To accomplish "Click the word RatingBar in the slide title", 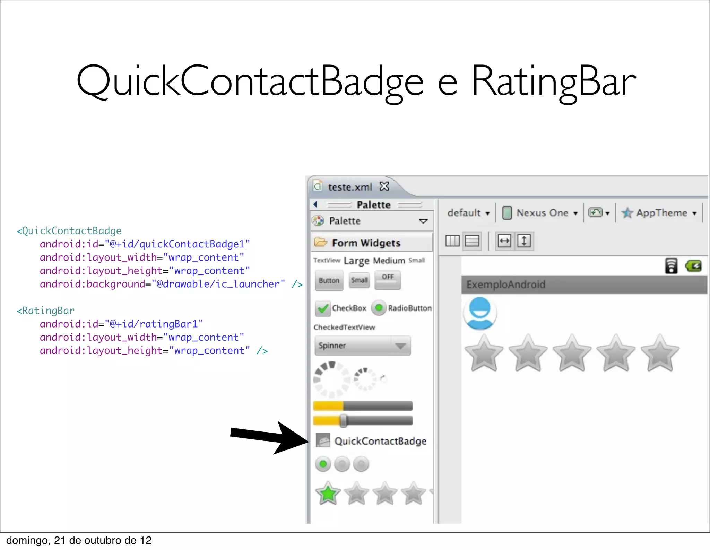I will pyautogui.click(x=554, y=81).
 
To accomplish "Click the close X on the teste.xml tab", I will pyautogui.click(x=384, y=186).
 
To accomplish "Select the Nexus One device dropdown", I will pyautogui.click(x=542, y=213).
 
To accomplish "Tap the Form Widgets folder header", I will pyautogui.click(x=366, y=243).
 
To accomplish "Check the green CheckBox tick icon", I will pyautogui.click(x=323, y=308).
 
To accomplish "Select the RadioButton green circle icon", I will pyautogui.click(x=379, y=308).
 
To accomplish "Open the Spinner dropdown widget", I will pyautogui.click(x=362, y=346).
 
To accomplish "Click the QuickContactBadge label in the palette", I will pyautogui.click(x=380, y=441).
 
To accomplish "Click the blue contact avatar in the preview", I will pyautogui.click(x=480, y=312).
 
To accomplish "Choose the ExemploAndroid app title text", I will pyautogui.click(x=505, y=285).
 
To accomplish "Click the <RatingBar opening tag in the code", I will pyautogui.click(x=46, y=311).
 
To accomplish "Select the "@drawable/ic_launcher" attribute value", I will pyautogui.click(x=218, y=284).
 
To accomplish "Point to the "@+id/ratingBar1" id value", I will pyautogui.click(x=154, y=324).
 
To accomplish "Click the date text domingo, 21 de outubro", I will pyautogui.click(x=79, y=540).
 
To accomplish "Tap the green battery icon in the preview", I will pyautogui.click(x=693, y=266).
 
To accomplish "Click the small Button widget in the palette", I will pyautogui.click(x=329, y=280).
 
